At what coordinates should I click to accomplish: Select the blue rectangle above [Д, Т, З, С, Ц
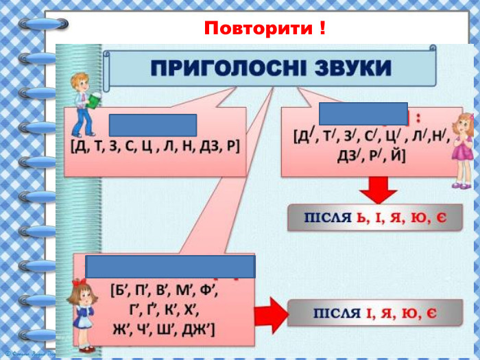(x=153, y=125)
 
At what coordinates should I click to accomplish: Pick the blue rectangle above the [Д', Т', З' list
(x=363, y=113)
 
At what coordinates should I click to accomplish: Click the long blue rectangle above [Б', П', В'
(x=170, y=266)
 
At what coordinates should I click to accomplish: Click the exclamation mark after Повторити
(x=322, y=29)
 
